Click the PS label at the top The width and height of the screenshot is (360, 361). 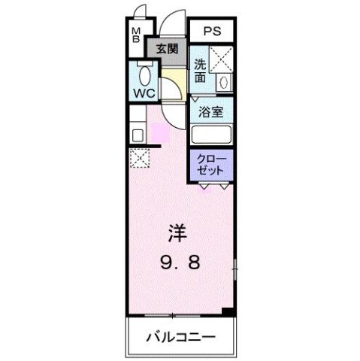click(x=211, y=32)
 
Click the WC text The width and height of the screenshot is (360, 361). click(x=144, y=94)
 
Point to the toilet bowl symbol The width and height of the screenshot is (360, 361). click(x=145, y=76)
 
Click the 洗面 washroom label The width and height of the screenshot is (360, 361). click(x=200, y=70)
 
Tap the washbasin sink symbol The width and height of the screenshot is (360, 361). click(x=223, y=82)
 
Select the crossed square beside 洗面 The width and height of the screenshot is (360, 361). click(x=222, y=59)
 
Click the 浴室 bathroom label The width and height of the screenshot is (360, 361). click(x=210, y=112)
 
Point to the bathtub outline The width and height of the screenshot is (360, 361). click(x=211, y=135)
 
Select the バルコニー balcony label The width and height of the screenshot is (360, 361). click(x=180, y=336)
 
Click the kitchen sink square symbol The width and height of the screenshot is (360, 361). click(x=138, y=136)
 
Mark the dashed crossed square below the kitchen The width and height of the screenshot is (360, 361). click(x=139, y=158)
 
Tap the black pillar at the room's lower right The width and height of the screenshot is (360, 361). click(x=229, y=310)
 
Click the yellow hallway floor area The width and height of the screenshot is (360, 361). click(x=174, y=78)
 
